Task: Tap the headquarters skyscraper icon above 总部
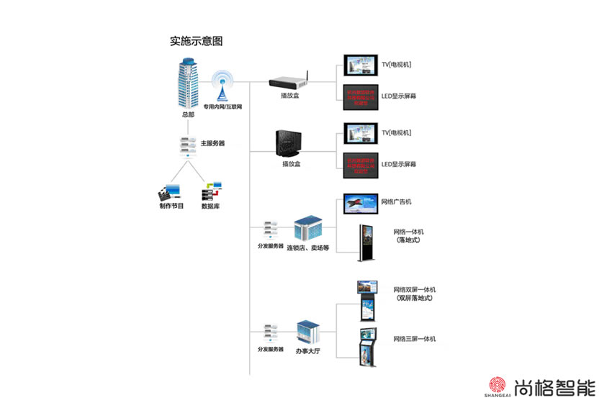pyautogui.click(x=189, y=83)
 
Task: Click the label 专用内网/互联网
pyautogui.click(x=222, y=107)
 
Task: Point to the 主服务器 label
pyautogui.click(x=212, y=143)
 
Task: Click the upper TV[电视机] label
pyautogui.click(x=396, y=65)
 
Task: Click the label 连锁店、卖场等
pyautogui.click(x=307, y=248)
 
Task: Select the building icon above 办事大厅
pyautogui.click(x=310, y=332)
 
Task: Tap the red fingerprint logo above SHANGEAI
pyautogui.click(x=498, y=385)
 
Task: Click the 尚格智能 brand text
pyautogui.click(x=556, y=387)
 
